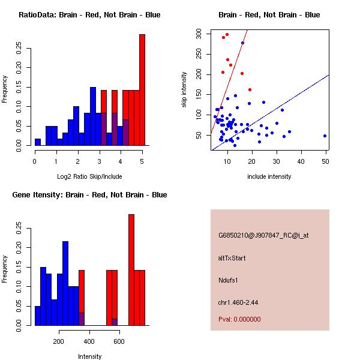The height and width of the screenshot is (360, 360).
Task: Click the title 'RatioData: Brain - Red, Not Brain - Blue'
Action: point(89,15)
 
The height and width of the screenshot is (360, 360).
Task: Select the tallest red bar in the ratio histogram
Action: point(142,90)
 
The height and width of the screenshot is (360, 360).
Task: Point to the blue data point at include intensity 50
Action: point(325,136)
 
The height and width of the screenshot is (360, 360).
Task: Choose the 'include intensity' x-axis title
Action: point(269,176)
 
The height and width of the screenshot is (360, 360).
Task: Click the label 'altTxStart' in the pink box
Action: point(232,258)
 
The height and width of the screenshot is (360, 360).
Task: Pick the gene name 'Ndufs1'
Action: point(229,280)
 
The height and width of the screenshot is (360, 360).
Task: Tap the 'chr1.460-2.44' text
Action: point(238,302)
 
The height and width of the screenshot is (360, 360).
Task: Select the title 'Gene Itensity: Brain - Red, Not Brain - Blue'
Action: point(89,195)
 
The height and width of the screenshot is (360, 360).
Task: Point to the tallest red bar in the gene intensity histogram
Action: point(131,269)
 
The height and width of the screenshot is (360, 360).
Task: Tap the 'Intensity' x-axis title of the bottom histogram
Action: point(89,356)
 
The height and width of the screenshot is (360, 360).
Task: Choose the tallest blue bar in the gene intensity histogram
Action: point(65,283)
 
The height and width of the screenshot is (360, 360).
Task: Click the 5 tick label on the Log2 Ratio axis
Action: point(142,161)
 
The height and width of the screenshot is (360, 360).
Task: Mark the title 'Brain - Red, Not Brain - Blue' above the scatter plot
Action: point(269,15)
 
